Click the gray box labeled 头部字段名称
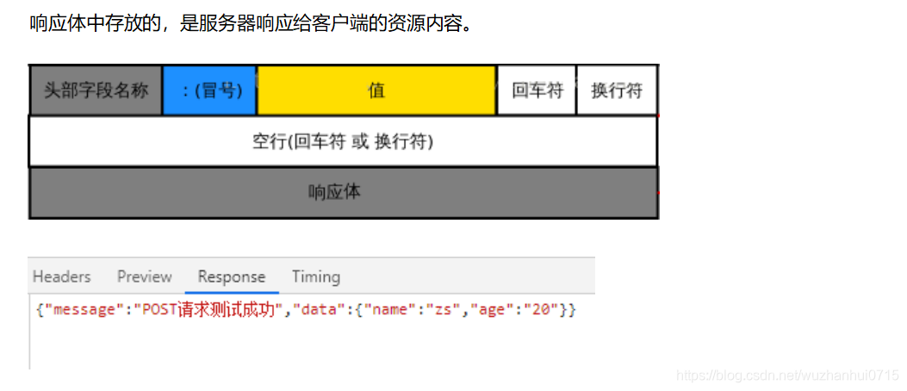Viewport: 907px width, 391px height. click(x=96, y=90)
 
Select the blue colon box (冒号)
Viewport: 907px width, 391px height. click(x=209, y=90)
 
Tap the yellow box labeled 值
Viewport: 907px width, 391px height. click(x=376, y=90)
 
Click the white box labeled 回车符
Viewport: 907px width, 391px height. click(x=537, y=90)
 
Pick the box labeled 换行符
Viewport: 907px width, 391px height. click(x=617, y=90)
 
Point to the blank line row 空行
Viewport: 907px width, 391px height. click(x=343, y=141)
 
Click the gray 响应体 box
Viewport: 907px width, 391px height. click(x=343, y=192)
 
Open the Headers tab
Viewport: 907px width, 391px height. click(x=61, y=276)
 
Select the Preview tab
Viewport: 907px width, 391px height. click(x=144, y=276)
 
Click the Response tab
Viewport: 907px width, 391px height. click(x=232, y=276)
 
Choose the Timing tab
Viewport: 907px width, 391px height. click(x=315, y=276)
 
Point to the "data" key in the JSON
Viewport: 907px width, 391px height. click(x=321, y=310)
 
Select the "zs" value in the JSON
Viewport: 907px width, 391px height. click(x=442, y=310)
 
